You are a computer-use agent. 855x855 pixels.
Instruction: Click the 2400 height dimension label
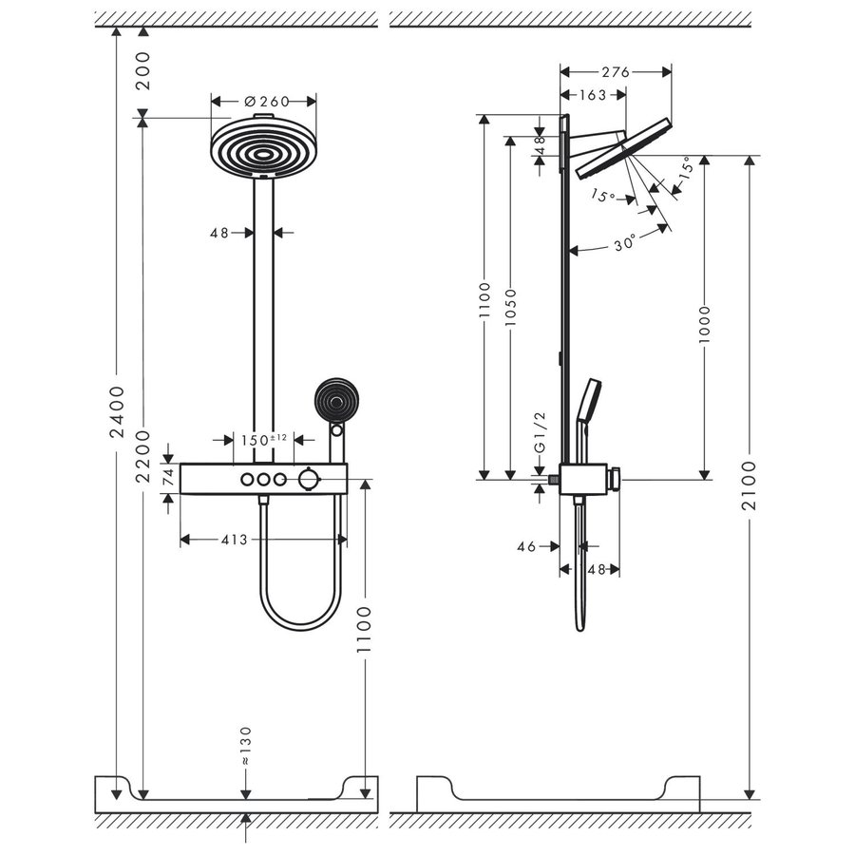pyautogui.click(x=116, y=412)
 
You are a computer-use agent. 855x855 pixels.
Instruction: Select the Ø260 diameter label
pyautogui.click(x=266, y=101)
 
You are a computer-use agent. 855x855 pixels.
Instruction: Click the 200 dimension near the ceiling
pyautogui.click(x=142, y=69)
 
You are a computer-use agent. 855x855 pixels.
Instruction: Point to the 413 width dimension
pyautogui.click(x=234, y=540)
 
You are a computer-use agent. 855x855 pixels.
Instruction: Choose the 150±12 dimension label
pyautogui.click(x=262, y=439)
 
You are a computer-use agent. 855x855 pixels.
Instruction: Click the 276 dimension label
pyautogui.click(x=617, y=71)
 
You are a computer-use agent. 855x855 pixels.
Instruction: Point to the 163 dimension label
pyautogui.click(x=593, y=94)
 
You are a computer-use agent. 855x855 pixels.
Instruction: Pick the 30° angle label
pyautogui.click(x=623, y=243)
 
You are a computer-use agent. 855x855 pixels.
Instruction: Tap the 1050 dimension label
pyautogui.click(x=511, y=309)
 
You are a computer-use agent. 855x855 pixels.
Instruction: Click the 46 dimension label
pyautogui.click(x=526, y=546)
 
